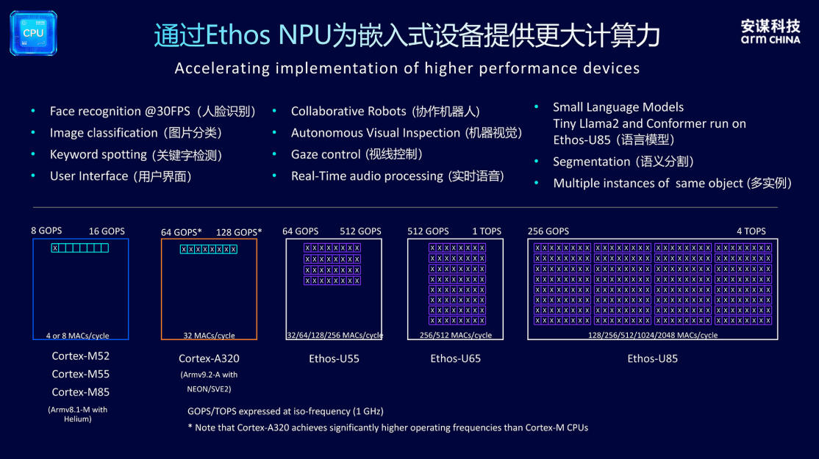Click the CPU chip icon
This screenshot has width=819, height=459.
pyautogui.click(x=33, y=33)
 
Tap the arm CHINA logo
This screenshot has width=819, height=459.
pyautogui.click(x=770, y=32)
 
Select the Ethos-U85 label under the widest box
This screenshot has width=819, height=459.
pyautogui.click(x=652, y=358)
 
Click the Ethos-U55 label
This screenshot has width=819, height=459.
pyautogui.click(x=334, y=358)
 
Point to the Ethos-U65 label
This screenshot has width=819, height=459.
pyautogui.click(x=456, y=358)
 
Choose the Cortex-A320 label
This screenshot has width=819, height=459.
pyautogui.click(x=209, y=358)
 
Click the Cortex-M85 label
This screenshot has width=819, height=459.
pyautogui.click(x=80, y=391)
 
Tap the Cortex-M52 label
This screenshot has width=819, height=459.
pyautogui.click(x=80, y=355)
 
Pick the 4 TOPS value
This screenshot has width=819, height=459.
pyautogui.click(x=751, y=231)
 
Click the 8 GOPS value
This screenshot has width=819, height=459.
pyautogui.click(x=46, y=231)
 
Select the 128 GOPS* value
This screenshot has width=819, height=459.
pyautogui.click(x=239, y=232)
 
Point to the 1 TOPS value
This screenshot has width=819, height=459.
pyautogui.click(x=487, y=231)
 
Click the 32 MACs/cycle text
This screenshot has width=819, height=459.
pyautogui.click(x=209, y=336)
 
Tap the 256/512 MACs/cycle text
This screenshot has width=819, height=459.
pyautogui.click(x=456, y=336)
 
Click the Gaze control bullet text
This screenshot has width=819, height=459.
pyautogui.click(x=357, y=154)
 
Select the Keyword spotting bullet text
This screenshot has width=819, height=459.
pyautogui.click(x=136, y=155)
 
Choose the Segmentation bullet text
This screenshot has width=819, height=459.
pyautogui.click(x=623, y=162)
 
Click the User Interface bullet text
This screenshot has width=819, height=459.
pyautogui.click(x=121, y=176)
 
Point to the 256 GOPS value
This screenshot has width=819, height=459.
pyautogui.click(x=548, y=231)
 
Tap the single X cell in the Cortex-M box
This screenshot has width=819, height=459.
pyautogui.click(x=55, y=248)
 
